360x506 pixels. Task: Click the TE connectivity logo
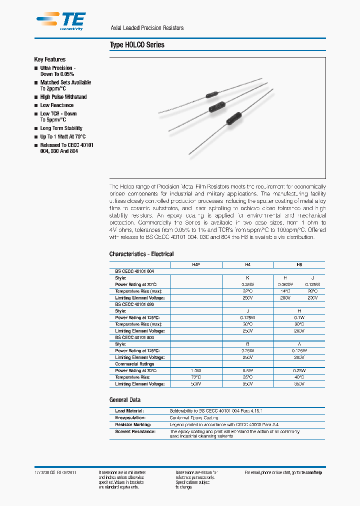pyautogui.click(x=61, y=21)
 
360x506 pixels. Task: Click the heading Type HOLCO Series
pyautogui.click(x=137, y=45)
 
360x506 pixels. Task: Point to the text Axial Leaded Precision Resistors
pyautogui.click(x=147, y=28)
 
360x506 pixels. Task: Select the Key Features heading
pyautogui.click(x=50, y=59)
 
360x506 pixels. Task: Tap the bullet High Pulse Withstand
pyautogui.click(x=63, y=97)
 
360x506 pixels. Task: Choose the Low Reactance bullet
pyautogui.click(x=57, y=105)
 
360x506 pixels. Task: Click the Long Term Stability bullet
pyautogui.click(x=61, y=128)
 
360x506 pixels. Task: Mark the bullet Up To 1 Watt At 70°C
pyautogui.click(x=63, y=136)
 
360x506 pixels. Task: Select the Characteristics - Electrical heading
pyautogui.click(x=141, y=254)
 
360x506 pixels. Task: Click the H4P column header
pyautogui.click(x=195, y=264)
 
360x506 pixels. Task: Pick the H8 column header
pyautogui.click(x=299, y=264)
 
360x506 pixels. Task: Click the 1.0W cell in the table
pyautogui.click(x=195, y=370)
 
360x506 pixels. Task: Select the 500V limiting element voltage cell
pyautogui.click(x=195, y=384)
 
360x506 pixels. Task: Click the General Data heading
pyautogui.click(x=125, y=400)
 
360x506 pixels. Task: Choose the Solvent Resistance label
pyautogui.click(x=135, y=431)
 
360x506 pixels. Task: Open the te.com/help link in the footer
pyautogui.click(x=311, y=472)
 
